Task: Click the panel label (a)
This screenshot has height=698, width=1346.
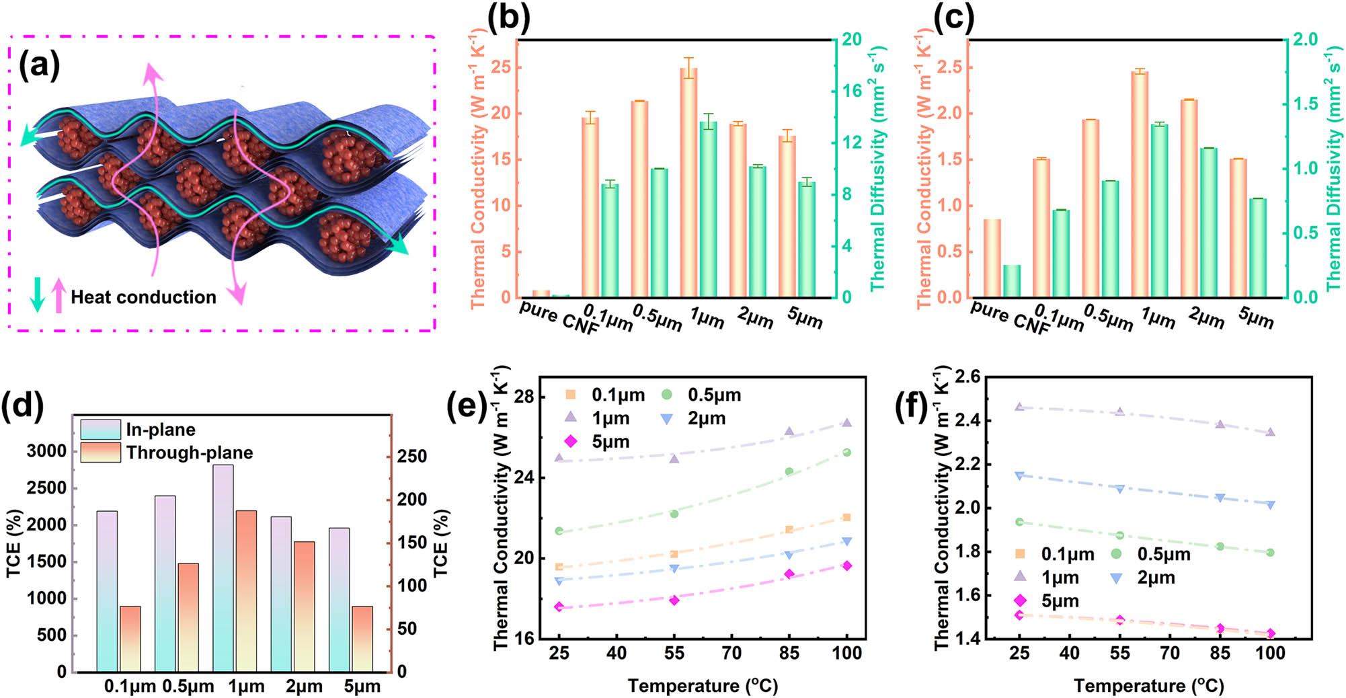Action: coord(39,66)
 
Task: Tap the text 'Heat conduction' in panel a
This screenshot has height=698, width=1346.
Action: coord(143,297)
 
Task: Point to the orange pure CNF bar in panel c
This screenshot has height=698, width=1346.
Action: coord(992,258)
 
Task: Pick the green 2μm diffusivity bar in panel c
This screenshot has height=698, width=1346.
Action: coord(1209,223)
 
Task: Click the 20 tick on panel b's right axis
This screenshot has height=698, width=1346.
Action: coord(852,40)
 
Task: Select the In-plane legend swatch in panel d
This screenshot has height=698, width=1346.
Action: coord(100,430)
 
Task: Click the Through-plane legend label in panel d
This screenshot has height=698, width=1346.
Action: coord(190,453)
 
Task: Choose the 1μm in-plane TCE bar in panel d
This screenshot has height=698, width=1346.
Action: coord(223,568)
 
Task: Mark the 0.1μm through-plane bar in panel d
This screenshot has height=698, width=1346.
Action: coord(130,639)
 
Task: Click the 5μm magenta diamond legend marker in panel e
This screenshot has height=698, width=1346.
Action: coord(571,442)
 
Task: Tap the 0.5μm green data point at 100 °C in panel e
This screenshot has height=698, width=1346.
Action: coord(846,453)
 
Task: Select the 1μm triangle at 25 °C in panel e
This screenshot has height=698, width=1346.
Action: coord(559,458)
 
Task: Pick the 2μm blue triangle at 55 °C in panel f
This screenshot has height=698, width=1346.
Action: coord(1119,489)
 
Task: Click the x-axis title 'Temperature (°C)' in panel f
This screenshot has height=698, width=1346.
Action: coord(1148,686)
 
